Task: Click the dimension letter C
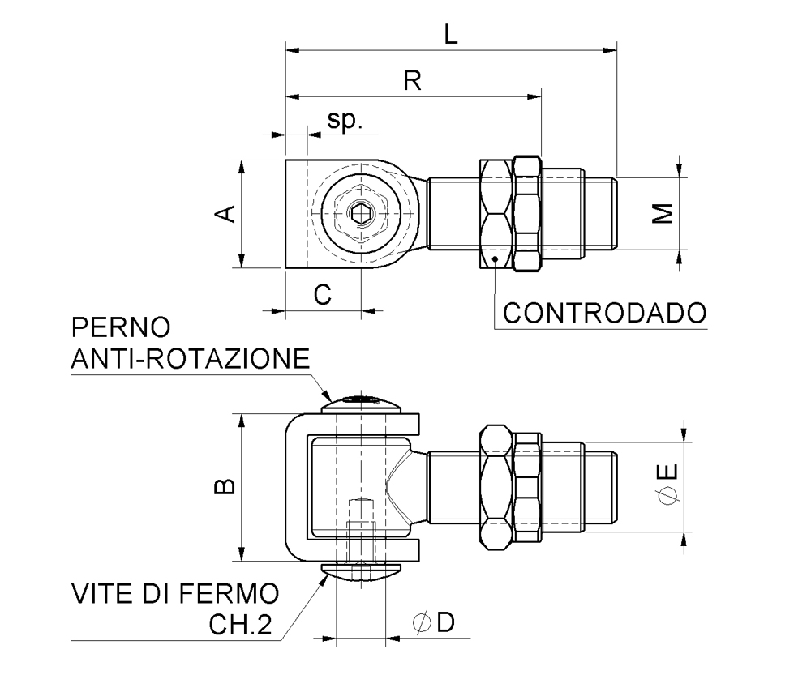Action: click(323, 294)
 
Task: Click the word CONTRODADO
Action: click(604, 312)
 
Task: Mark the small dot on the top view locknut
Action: click(495, 258)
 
